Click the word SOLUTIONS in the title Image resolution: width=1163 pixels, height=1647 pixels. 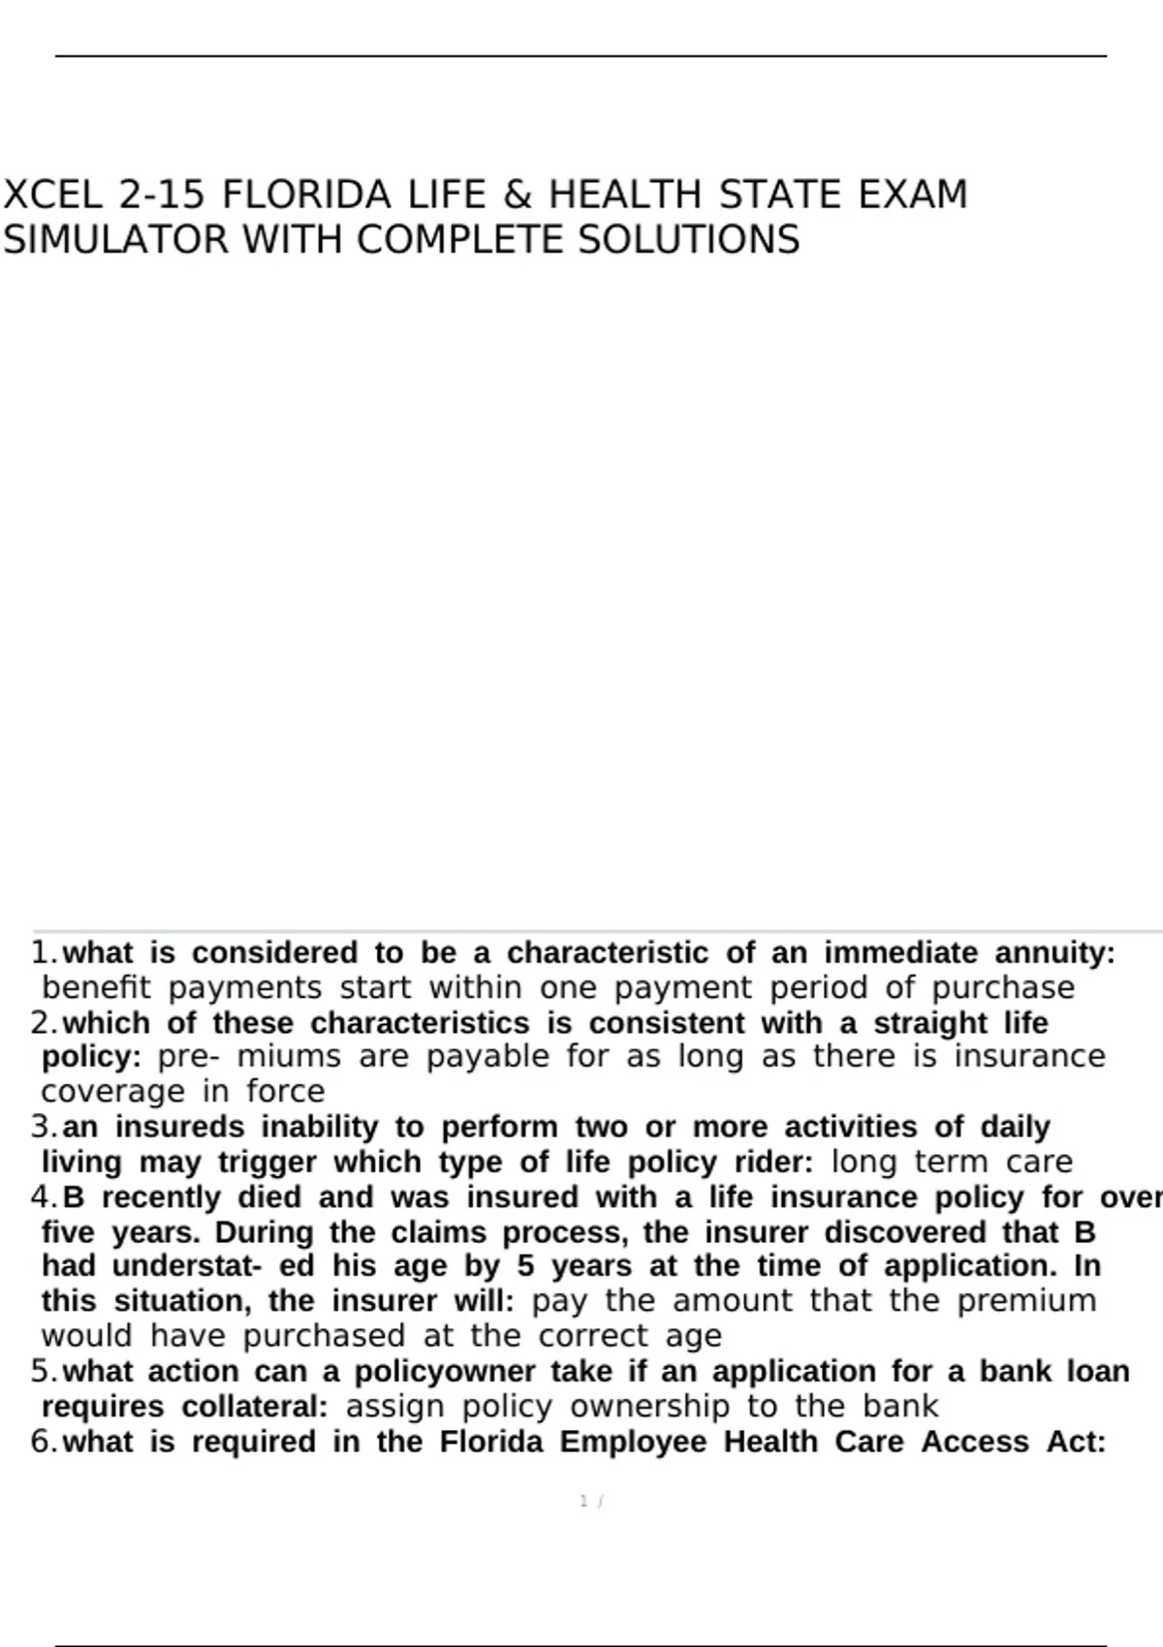[689, 240]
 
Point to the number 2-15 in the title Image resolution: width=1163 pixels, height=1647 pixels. [161, 195]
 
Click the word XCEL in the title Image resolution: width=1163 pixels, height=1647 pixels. [52, 195]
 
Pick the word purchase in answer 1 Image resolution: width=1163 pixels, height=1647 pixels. [1003, 988]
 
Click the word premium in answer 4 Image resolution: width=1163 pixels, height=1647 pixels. [1026, 1301]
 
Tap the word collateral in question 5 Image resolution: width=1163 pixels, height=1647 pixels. [255, 1406]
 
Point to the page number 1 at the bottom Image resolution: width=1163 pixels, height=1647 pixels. [583, 1501]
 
